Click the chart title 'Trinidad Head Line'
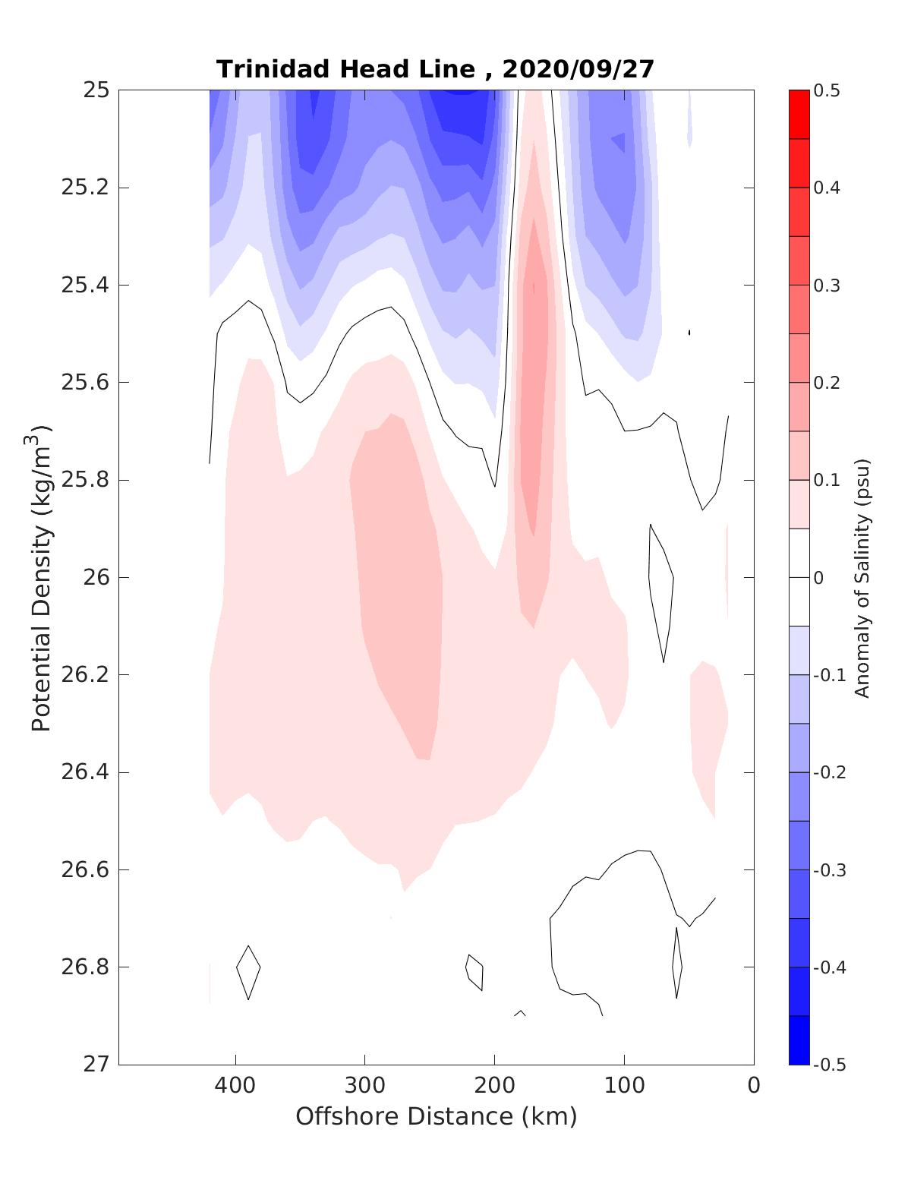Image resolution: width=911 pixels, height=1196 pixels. point(345,69)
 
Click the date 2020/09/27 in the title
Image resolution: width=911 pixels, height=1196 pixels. point(578,69)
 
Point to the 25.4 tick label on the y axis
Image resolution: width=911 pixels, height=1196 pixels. point(85,285)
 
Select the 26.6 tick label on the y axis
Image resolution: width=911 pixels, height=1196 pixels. point(85,869)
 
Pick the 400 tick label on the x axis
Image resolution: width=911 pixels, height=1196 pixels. point(235,1085)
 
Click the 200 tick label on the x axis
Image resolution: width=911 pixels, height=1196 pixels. point(494,1085)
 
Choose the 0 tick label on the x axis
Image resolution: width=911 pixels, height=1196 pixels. point(753,1085)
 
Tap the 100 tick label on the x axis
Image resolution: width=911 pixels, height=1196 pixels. point(624,1085)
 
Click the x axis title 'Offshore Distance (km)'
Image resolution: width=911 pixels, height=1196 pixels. point(436,1116)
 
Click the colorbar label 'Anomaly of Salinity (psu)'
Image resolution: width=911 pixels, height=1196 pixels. point(861,577)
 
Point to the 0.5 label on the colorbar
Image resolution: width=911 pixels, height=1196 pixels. point(827,90)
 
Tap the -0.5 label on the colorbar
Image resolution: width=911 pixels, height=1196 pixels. point(829,1064)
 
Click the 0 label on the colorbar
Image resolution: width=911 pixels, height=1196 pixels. point(818,578)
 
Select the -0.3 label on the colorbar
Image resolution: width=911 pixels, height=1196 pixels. point(829,869)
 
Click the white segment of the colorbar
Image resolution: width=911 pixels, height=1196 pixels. point(799,577)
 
